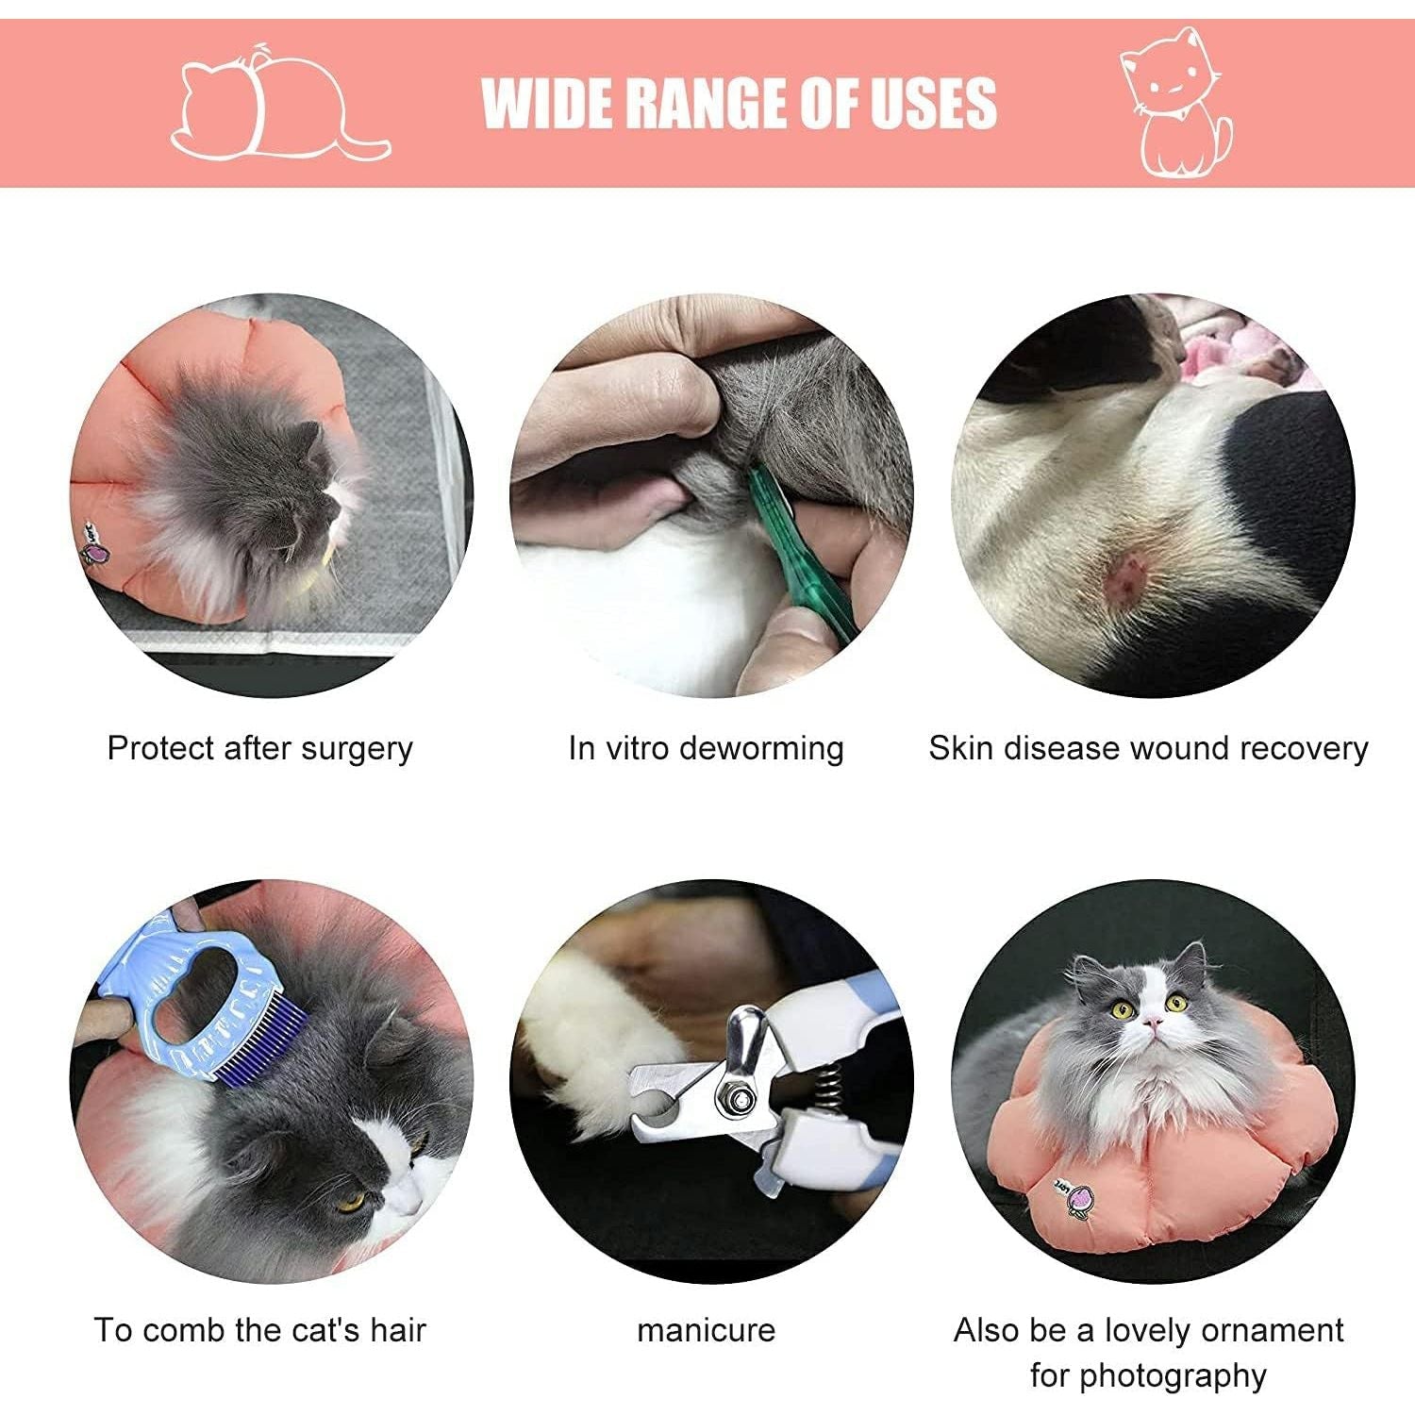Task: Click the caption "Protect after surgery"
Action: (260, 748)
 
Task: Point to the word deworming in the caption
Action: (761, 748)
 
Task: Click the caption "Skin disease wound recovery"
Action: (1148, 748)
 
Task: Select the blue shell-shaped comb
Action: (216, 1000)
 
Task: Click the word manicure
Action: (707, 1330)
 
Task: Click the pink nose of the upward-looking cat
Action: (1152, 1022)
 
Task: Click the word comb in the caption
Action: (186, 1330)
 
